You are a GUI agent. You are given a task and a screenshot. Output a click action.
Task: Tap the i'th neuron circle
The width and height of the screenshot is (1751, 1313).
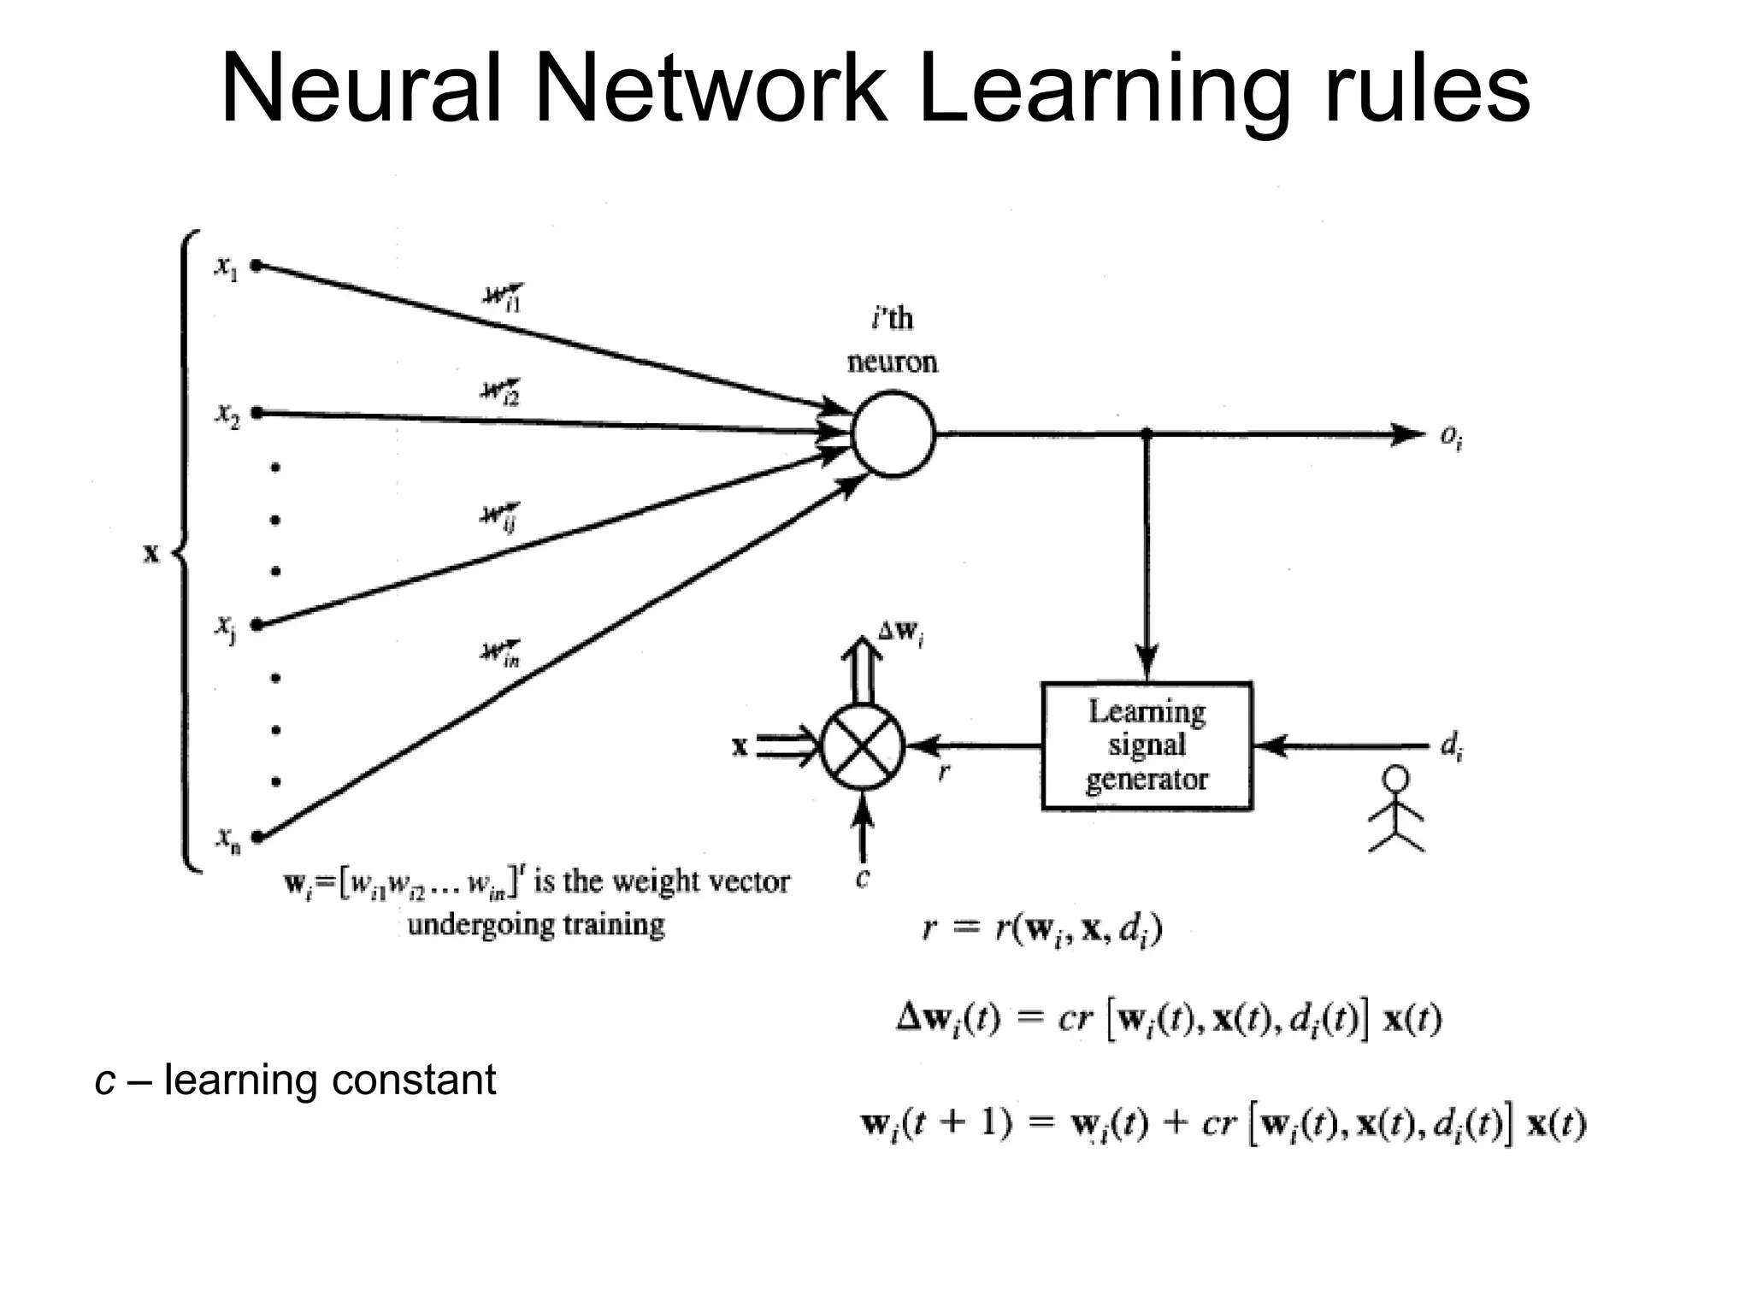[893, 433]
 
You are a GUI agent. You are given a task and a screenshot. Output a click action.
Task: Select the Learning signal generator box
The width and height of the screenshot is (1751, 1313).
[1147, 745]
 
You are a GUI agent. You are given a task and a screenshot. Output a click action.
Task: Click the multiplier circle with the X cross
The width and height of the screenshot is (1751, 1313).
[863, 746]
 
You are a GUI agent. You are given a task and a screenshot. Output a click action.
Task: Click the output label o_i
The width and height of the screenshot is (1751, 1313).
[1451, 437]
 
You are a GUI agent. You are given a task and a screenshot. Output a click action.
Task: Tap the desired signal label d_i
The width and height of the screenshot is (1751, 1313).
[1451, 747]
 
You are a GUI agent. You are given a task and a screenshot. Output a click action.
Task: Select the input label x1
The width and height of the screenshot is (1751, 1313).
[226, 268]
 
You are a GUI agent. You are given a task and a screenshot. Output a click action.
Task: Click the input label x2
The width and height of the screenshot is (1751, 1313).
[227, 415]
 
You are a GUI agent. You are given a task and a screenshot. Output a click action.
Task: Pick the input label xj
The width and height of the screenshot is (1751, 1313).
[226, 627]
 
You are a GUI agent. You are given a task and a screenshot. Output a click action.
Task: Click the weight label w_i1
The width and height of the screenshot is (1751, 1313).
[503, 297]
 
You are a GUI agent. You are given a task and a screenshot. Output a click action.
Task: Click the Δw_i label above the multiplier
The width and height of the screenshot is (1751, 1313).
[900, 633]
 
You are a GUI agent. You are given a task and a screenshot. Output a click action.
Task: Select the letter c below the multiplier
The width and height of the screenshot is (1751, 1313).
[863, 878]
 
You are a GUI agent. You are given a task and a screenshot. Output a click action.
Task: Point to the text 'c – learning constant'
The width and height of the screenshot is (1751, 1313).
[295, 1080]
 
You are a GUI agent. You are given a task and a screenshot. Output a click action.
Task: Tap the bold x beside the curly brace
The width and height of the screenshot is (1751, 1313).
[151, 554]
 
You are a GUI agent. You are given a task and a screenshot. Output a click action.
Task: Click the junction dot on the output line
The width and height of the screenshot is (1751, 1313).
[1147, 434]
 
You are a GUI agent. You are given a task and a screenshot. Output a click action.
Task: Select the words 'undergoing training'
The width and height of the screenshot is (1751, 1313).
[536, 925]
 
